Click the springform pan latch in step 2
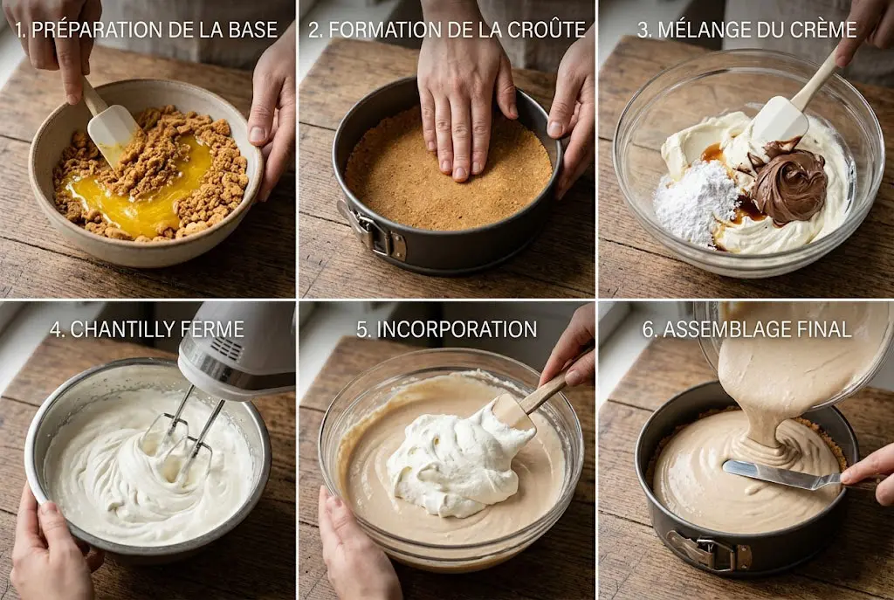pos(374,230)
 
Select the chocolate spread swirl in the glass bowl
pos(788,183)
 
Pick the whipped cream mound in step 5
pos(456,456)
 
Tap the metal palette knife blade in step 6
pos(778,474)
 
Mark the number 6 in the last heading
pos(649,329)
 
